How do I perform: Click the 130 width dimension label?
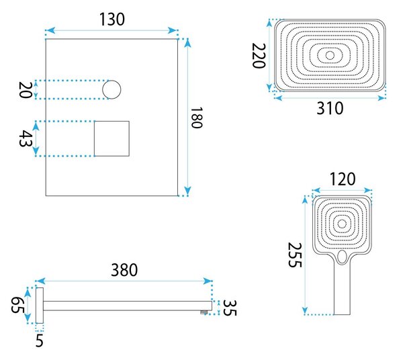tap(111, 19)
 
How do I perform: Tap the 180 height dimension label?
tap(197, 118)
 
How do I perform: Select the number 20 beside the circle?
tap(26, 90)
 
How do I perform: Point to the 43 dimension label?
tap(26, 138)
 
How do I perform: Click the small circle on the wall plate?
tap(111, 89)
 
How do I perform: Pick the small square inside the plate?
tap(111, 138)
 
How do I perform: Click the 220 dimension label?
tap(258, 56)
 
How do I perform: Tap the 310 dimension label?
tap(330, 108)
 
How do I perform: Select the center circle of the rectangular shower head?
tap(330, 55)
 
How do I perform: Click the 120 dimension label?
tap(343, 179)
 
